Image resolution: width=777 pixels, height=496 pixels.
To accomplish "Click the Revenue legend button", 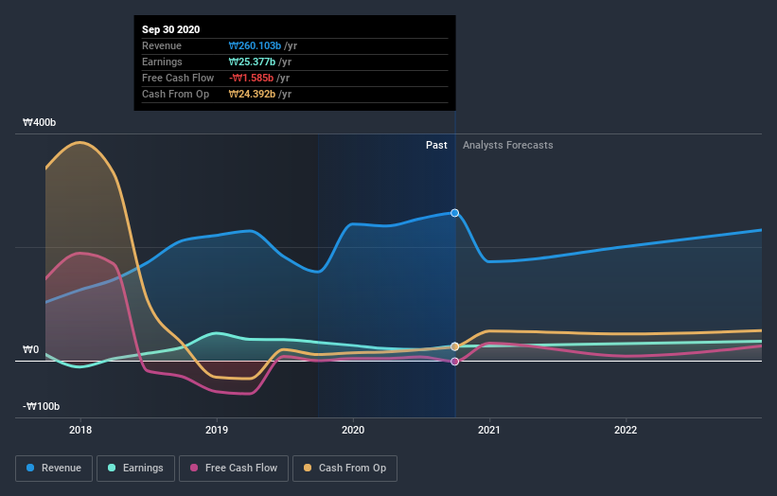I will coord(55,468).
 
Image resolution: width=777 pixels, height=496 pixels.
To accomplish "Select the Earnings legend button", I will coord(135,468).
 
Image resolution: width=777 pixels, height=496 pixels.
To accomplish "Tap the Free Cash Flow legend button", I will coord(234,468).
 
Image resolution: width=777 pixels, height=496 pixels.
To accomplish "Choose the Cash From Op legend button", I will coord(344,468).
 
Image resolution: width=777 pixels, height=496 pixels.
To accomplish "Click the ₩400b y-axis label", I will coord(40,123).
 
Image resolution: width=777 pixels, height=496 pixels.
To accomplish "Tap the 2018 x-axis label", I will coord(80,430).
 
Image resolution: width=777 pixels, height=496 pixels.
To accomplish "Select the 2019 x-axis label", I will coord(217,430).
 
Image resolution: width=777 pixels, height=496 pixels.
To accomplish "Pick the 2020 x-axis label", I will coord(353,430).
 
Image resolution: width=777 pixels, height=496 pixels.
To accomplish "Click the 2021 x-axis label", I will coord(489,430).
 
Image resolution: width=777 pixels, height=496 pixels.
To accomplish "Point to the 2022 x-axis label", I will coord(626,430).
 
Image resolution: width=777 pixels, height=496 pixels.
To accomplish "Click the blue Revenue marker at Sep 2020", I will coord(455,213).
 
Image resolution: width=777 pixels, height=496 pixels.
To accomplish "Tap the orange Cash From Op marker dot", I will coord(455,346).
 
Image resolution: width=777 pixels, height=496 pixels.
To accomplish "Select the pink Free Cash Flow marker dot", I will coord(455,362).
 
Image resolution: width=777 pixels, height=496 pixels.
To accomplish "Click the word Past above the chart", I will coord(436,146).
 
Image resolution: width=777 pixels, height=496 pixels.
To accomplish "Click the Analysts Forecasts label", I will coord(507,146).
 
